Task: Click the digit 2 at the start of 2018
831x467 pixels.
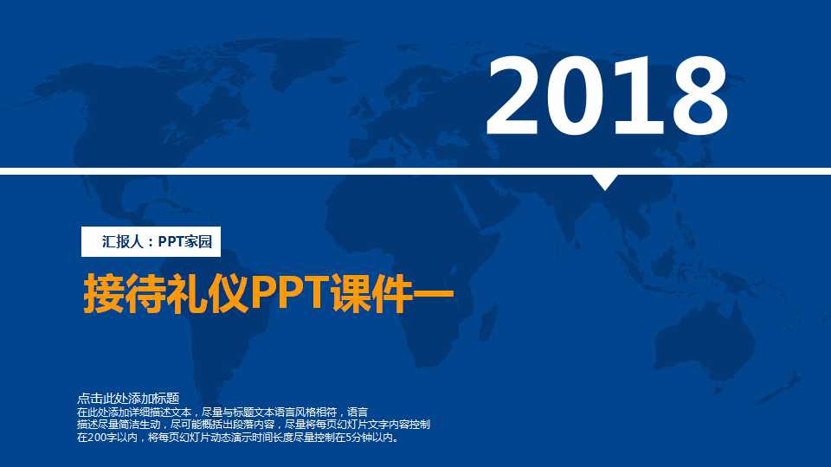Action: point(517,97)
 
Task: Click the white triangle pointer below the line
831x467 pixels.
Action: point(605,182)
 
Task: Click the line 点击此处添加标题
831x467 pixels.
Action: point(128,399)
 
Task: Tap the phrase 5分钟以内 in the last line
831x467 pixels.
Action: point(370,438)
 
